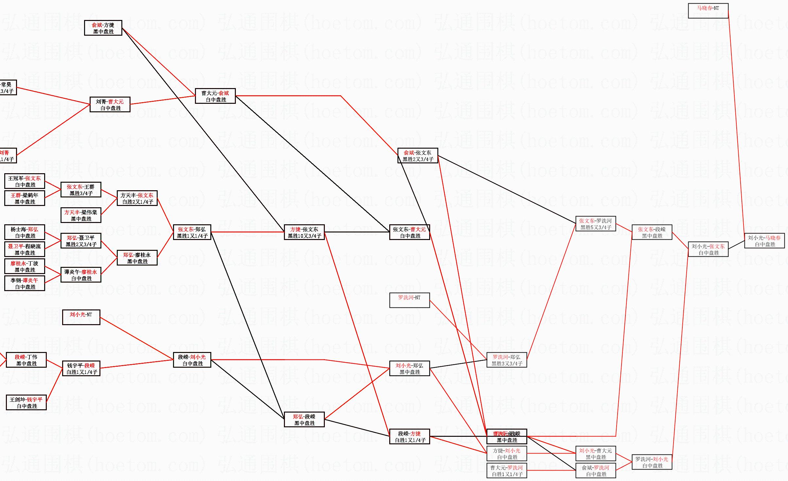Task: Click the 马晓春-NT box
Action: [708, 11]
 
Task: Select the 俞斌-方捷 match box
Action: [103, 28]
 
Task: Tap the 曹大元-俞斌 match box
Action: [215, 96]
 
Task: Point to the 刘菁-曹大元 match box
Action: [110, 104]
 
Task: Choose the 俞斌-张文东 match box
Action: [417, 156]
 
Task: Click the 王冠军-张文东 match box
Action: [25, 181]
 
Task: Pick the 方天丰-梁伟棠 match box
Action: [81, 215]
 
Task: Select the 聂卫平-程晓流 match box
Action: [25, 249]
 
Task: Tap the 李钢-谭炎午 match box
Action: [25, 283]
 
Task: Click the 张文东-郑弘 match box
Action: [192, 232]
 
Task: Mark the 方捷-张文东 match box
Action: [304, 232]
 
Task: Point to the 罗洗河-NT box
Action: [409, 300]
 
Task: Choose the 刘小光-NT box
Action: [81, 317]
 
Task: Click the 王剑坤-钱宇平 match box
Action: [26, 402]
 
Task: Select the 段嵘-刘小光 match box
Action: [192, 360]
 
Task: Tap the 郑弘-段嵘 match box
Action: [304, 419]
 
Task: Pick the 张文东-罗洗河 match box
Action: [595, 224]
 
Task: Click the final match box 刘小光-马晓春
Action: [764, 241]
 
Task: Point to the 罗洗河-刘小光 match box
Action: [652, 462]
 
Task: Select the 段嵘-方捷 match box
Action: [409, 436]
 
